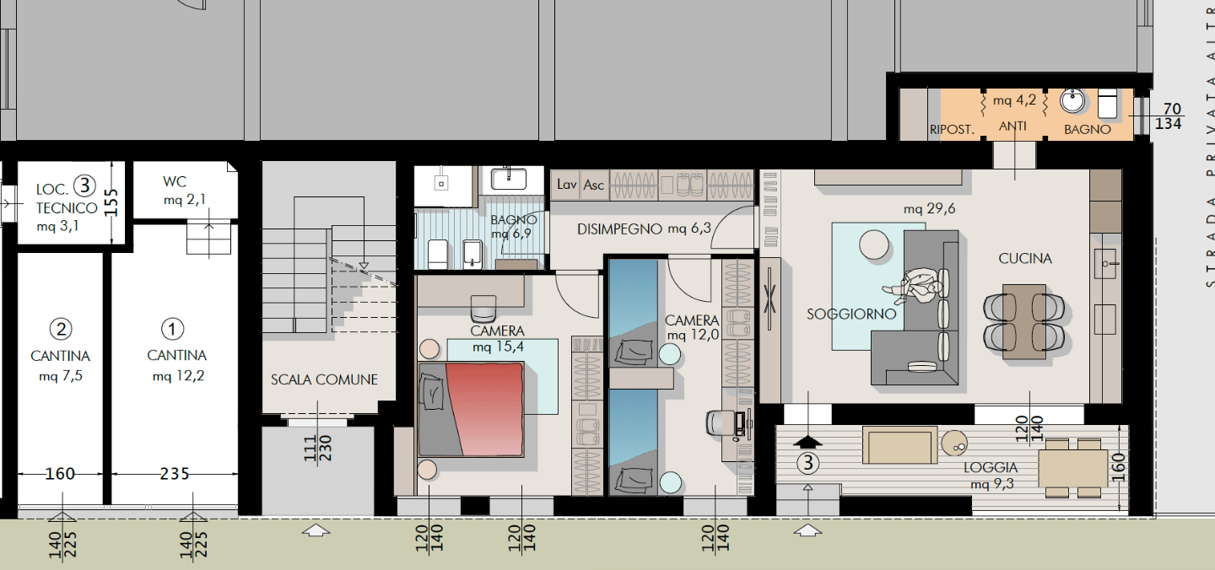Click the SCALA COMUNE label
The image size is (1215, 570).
pos(324,379)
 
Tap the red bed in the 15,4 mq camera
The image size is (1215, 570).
pos(472,409)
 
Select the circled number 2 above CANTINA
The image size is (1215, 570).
pos(61,329)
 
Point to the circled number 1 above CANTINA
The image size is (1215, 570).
pos(172,329)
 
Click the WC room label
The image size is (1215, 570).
pos(174,181)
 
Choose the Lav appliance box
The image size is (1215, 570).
pos(565,185)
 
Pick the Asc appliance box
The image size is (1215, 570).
pos(594,185)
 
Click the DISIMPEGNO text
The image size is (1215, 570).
pos(619,229)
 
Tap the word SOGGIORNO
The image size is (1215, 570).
pos(851,315)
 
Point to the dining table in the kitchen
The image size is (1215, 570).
pos(1024,322)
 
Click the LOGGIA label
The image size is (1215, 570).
pos(991,467)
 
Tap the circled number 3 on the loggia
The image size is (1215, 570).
pos(808,463)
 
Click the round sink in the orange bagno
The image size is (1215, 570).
pos(1072,101)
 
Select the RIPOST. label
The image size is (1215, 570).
pos(952,130)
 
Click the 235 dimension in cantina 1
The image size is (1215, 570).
pos(174,474)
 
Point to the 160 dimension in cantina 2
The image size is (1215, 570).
pos(60,474)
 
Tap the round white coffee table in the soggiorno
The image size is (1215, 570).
pos(874,245)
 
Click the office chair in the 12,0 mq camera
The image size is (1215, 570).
pos(719,422)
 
